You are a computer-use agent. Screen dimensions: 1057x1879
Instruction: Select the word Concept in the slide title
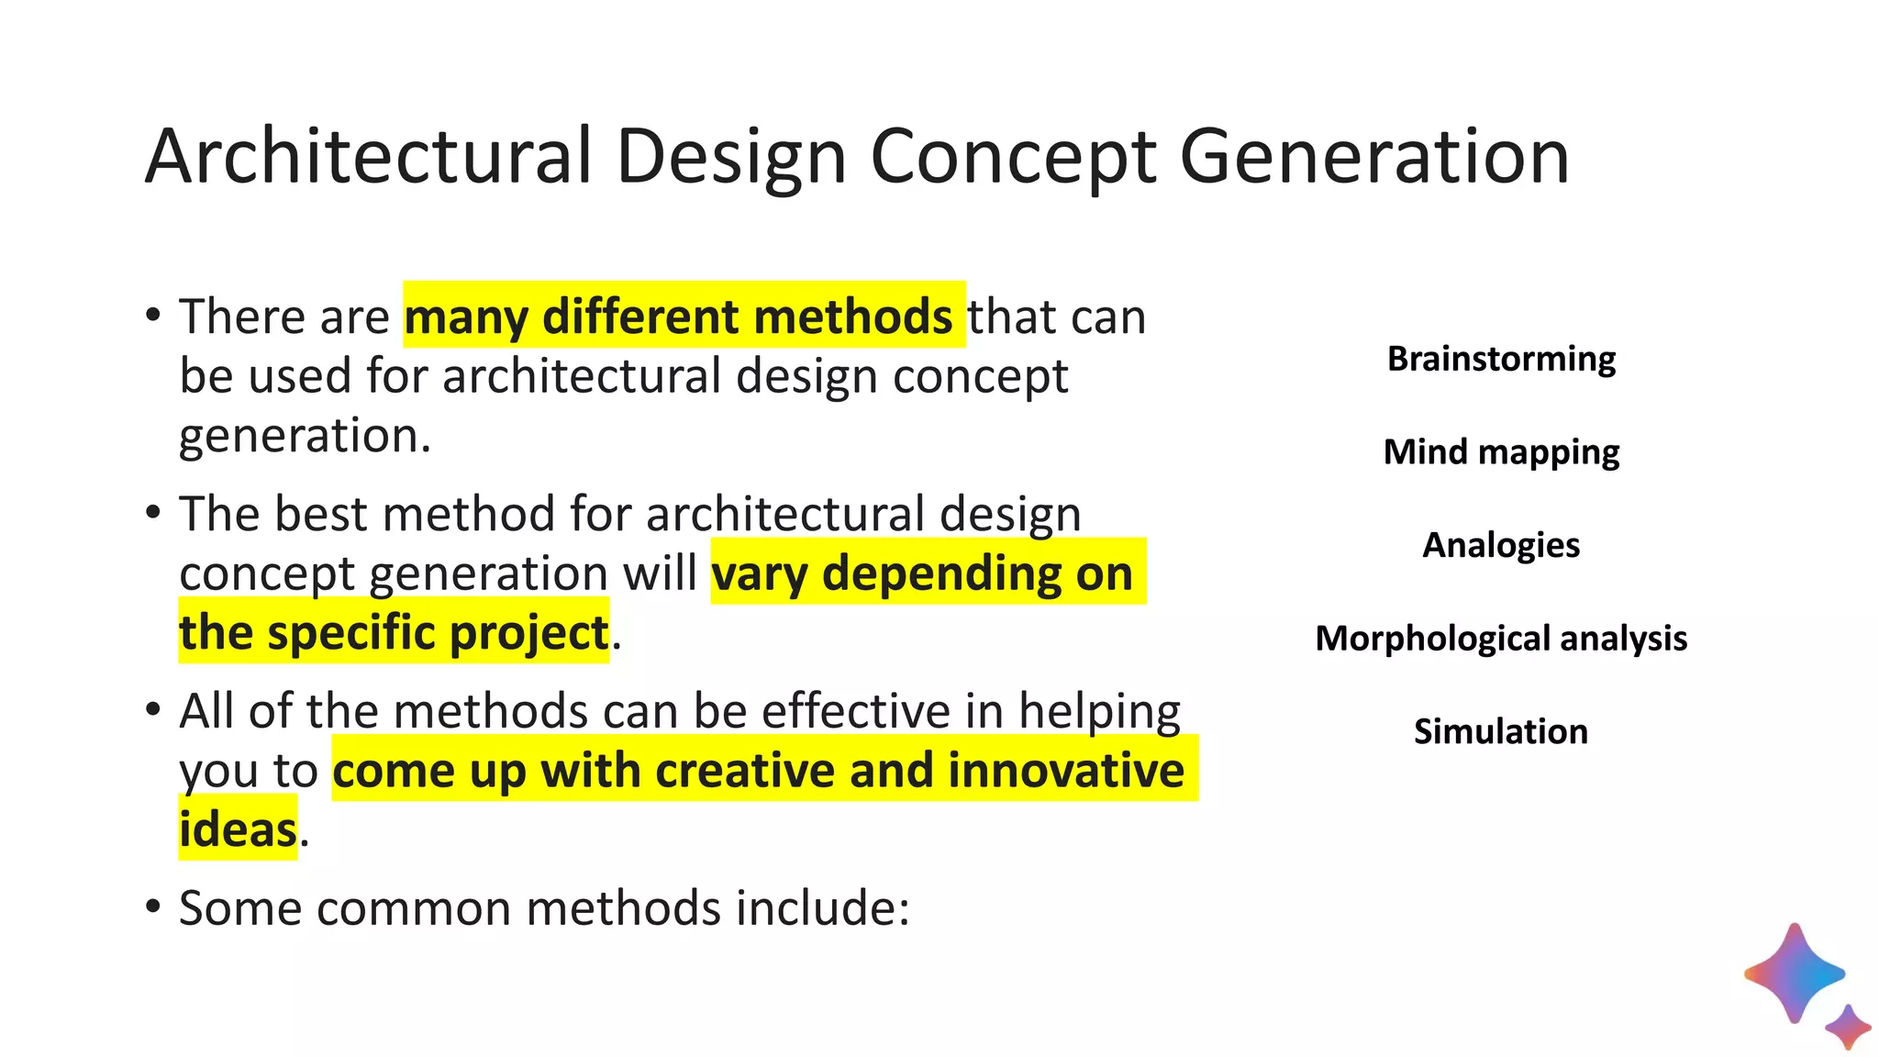click(x=1013, y=158)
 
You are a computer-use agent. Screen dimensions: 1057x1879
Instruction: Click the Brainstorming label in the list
click(x=1501, y=359)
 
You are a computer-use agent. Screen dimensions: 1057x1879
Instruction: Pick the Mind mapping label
click(x=1501, y=452)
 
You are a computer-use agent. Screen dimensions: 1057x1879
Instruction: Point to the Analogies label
click(x=1501, y=545)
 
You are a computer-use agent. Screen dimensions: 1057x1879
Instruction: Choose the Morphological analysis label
click(x=1501, y=639)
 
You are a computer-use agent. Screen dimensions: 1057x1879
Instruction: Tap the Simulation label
click(x=1501, y=731)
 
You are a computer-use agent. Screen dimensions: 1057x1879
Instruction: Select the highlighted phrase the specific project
click(x=394, y=632)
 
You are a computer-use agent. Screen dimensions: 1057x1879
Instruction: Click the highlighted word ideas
click(x=238, y=829)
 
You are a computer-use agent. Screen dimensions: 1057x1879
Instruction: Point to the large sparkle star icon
click(x=1794, y=974)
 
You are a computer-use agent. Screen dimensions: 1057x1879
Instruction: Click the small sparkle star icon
click(x=1848, y=1027)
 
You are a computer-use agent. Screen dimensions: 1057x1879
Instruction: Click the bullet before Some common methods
click(x=153, y=907)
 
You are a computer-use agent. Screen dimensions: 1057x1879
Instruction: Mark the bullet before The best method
click(x=153, y=512)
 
